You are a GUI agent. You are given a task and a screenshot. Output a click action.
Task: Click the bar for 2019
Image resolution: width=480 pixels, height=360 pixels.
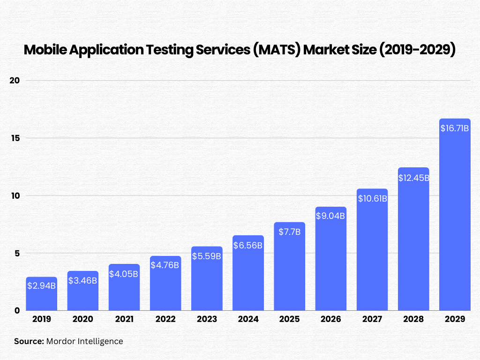point(41,294)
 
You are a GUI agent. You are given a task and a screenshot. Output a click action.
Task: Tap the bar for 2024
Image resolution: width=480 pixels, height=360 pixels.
point(248,273)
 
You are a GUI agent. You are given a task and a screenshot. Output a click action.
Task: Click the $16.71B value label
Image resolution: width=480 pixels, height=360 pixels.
point(455,128)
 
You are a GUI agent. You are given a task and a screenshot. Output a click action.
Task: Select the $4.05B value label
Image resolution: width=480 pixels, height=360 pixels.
point(124,274)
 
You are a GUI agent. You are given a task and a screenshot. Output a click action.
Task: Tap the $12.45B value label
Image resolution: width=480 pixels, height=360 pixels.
point(413,178)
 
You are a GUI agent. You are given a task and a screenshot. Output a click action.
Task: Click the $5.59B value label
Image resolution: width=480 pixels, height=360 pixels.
point(207,256)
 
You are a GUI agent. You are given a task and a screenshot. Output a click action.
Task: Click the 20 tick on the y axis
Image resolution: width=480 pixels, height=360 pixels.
point(15,81)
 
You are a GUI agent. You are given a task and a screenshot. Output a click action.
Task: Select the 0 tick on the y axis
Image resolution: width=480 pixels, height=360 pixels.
point(16,310)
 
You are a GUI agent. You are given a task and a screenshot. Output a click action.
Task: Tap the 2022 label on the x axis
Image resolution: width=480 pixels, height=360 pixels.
point(165,319)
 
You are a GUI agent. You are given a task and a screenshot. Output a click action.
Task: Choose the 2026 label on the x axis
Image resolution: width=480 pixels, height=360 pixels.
point(330,319)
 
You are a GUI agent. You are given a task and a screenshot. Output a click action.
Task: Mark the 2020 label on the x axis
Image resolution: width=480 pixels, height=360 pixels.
point(82,319)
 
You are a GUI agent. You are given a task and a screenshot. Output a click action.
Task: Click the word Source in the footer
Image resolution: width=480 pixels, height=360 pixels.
point(29,341)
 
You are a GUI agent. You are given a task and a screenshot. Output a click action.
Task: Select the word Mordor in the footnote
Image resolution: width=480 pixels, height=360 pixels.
point(61,341)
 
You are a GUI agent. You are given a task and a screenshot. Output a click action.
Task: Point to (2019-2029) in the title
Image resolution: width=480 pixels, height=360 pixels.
point(417,50)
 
